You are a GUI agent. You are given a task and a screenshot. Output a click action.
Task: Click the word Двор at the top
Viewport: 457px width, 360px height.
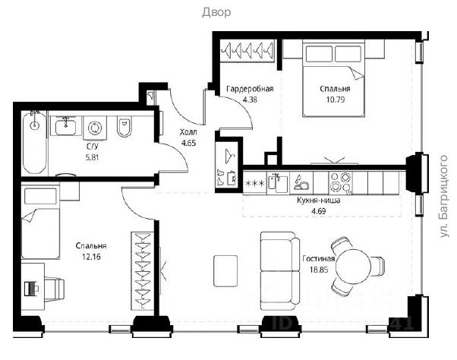[x=216, y=12]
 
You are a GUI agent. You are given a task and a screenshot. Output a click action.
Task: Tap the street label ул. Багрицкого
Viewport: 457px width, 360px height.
[x=443, y=197]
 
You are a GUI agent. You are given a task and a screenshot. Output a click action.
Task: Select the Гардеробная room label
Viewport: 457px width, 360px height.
[x=250, y=89]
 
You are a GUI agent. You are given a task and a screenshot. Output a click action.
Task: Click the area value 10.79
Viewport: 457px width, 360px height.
[x=336, y=99]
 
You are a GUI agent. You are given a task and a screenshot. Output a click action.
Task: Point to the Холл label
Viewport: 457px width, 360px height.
[x=188, y=132]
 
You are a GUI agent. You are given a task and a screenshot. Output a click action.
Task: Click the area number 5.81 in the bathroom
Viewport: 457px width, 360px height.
[x=92, y=158]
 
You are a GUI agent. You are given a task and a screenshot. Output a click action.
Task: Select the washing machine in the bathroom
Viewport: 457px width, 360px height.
[x=95, y=128]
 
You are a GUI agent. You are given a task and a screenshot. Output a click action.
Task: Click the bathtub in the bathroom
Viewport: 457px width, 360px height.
[x=35, y=142]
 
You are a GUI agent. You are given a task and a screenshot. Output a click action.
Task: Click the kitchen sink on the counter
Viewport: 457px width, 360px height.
[x=278, y=183]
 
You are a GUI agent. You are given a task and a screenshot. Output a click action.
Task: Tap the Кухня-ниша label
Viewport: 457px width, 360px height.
[x=318, y=201]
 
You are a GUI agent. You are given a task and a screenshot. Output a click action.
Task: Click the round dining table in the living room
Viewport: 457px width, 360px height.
[x=353, y=267]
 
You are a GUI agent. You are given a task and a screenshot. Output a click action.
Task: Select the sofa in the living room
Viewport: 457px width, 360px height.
[x=280, y=271]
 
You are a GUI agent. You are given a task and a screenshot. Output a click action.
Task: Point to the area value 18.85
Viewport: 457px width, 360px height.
[x=319, y=270]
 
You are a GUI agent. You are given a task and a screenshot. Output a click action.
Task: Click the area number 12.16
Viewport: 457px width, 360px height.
[x=91, y=257]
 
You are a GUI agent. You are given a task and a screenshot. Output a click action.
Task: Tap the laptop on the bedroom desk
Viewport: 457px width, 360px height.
[x=31, y=289]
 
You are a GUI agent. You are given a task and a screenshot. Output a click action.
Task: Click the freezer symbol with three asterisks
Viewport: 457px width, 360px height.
[x=255, y=183]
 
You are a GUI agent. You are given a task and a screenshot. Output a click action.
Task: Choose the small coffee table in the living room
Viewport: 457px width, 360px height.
[x=225, y=271]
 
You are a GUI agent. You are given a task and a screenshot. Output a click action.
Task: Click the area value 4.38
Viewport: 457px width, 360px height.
[x=250, y=99]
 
